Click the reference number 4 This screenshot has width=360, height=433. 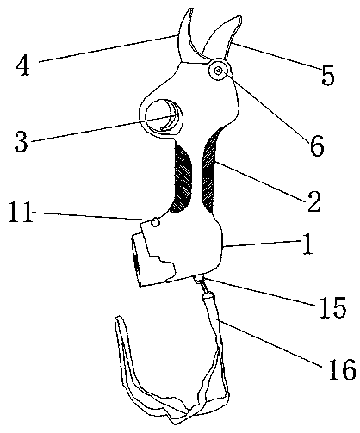[x=23, y=65]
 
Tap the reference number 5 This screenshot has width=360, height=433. [x=327, y=75]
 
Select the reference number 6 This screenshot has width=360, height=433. [x=317, y=145]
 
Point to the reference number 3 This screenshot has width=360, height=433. [x=21, y=141]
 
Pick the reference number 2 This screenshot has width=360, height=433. [x=314, y=201]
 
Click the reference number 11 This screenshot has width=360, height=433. [x=20, y=212]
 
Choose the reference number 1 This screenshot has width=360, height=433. [x=307, y=244]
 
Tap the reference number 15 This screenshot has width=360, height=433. [x=332, y=307]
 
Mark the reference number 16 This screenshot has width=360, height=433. [x=342, y=370]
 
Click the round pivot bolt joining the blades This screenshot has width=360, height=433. [x=219, y=70]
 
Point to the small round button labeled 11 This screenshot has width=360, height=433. [x=155, y=222]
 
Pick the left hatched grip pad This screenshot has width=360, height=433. [x=182, y=178]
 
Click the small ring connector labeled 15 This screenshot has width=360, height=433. [x=199, y=279]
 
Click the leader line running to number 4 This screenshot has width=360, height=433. [x=109, y=48]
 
